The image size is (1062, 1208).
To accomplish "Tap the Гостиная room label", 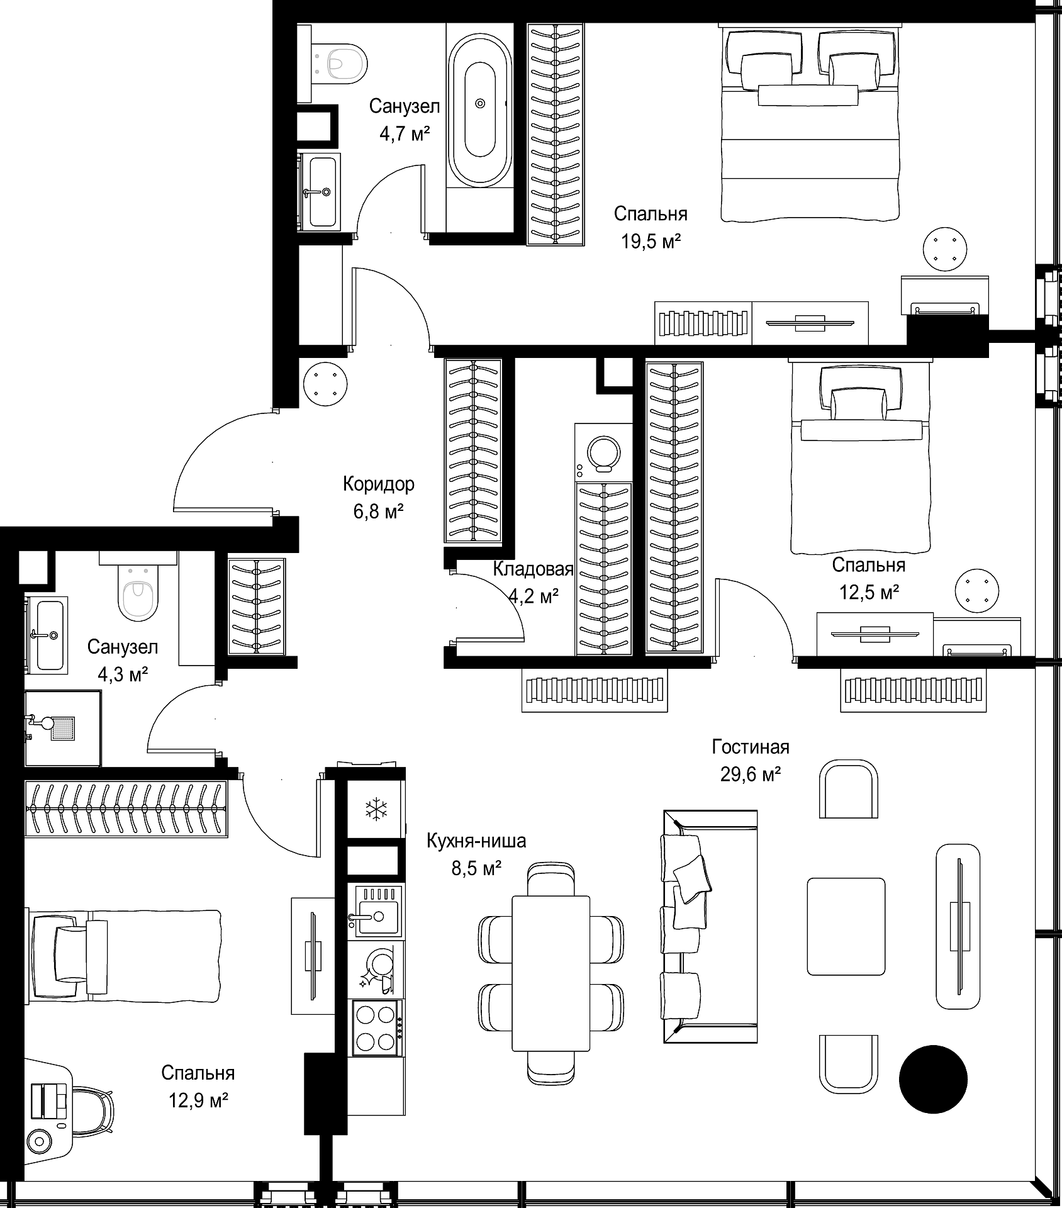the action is pos(751,747).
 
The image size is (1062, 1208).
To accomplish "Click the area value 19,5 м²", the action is pos(651,242).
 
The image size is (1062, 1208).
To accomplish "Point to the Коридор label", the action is pos(379,484).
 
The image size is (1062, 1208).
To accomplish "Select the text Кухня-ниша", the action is pos(476,841).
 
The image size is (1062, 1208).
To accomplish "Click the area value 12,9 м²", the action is pos(198,1100).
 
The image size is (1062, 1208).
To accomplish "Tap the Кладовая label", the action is pos(533,569).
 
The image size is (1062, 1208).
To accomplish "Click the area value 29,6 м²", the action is pos(751,774).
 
